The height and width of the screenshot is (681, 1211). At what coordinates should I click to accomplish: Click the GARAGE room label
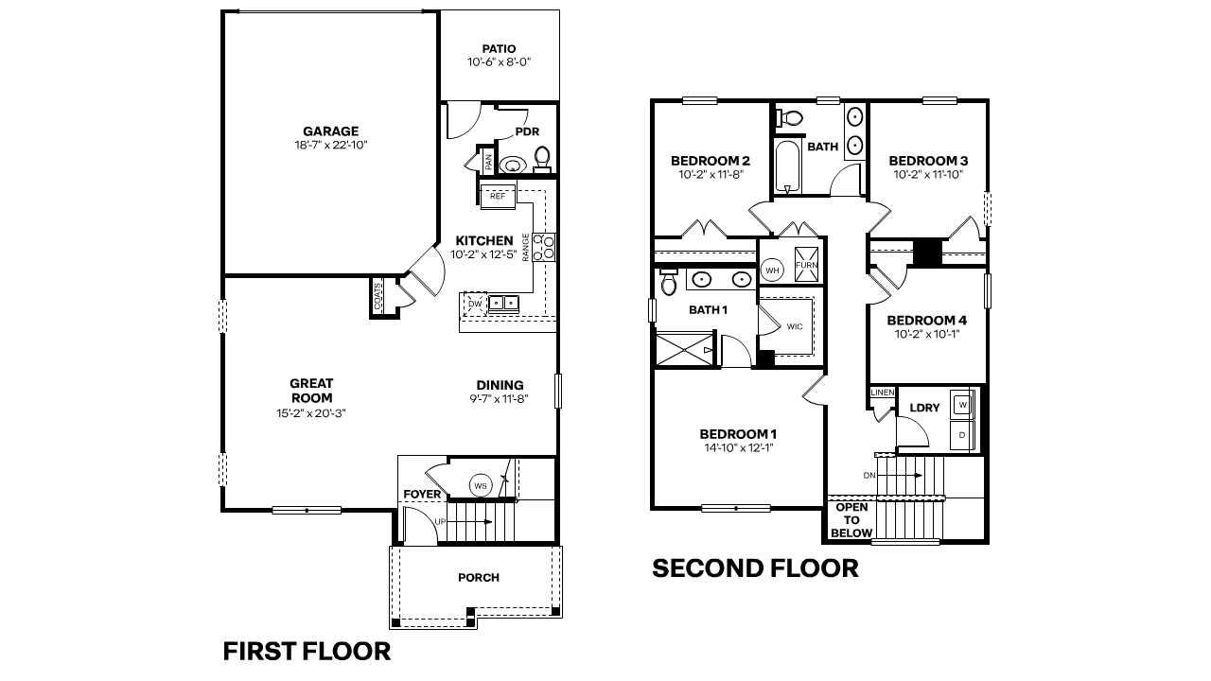(x=330, y=131)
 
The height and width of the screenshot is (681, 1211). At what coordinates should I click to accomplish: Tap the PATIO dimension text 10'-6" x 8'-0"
(x=499, y=62)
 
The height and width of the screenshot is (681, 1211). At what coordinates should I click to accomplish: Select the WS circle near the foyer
(x=481, y=486)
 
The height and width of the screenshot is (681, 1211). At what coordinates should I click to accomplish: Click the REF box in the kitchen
(x=498, y=197)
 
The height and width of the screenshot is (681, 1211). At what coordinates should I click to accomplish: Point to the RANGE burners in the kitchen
(x=544, y=247)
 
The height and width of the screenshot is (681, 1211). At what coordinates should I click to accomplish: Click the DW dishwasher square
(x=473, y=303)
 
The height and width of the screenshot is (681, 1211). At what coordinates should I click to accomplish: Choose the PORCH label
(x=478, y=578)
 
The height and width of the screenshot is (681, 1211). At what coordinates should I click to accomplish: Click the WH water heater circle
(x=772, y=271)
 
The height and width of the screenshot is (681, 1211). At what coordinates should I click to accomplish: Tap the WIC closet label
(x=794, y=326)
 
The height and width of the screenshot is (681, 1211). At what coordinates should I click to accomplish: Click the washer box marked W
(x=962, y=404)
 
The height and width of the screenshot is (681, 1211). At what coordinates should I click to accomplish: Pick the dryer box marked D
(x=962, y=435)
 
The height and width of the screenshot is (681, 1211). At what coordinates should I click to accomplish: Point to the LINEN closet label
(x=882, y=393)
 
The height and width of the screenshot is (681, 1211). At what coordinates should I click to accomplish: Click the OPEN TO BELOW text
(x=851, y=520)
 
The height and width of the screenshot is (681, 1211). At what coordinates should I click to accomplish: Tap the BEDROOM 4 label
(x=926, y=320)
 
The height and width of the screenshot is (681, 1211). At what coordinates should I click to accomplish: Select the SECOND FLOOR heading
(x=755, y=568)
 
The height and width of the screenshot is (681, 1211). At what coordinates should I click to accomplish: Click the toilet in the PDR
(x=542, y=157)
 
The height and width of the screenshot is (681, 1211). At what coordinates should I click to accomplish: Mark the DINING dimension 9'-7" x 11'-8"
(x=500, y=399)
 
